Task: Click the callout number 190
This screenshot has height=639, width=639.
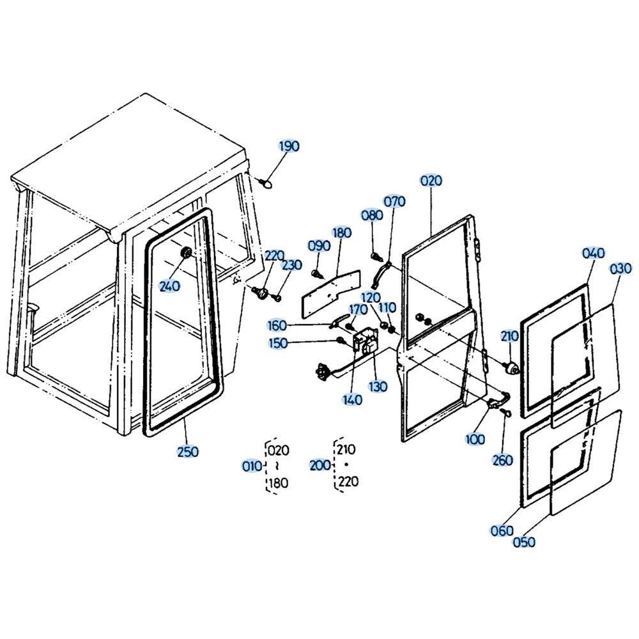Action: (x=289, y=146)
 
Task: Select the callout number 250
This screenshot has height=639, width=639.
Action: (x=188, y=452)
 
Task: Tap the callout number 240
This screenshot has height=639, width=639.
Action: (x=169, y=286)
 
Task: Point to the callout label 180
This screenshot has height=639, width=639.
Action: (x=341, y=233)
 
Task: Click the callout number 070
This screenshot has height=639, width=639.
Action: (x=394, y=201)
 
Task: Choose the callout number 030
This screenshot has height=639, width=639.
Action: (x=620, y=268)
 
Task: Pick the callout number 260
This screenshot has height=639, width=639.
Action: (x=502, y=460)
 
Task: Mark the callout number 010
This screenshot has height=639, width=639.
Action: (x=252, y=466)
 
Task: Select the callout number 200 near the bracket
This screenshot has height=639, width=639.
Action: (x=320, y=465)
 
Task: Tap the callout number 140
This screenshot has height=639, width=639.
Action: (x=352, y=400)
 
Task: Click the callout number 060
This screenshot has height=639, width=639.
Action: (x=502, y=530)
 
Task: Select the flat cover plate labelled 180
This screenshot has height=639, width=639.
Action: (x=330, y=293)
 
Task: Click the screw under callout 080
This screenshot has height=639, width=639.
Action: (x=376, y=257)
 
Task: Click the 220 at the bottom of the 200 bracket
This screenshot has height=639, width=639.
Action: (x=348, y=481)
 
